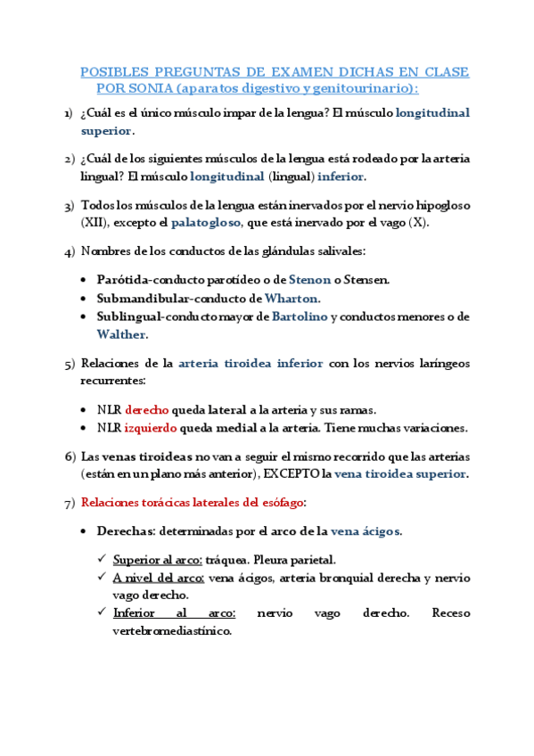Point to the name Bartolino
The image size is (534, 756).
[300, 316]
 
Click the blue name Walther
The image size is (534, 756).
[122, 335]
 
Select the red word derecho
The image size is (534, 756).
[147, 410]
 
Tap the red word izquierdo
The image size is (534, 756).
[151, 428]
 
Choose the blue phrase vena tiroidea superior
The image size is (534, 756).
[401, 473]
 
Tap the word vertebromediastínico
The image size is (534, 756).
[172, 631]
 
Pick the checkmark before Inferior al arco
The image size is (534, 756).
[103, 613]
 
